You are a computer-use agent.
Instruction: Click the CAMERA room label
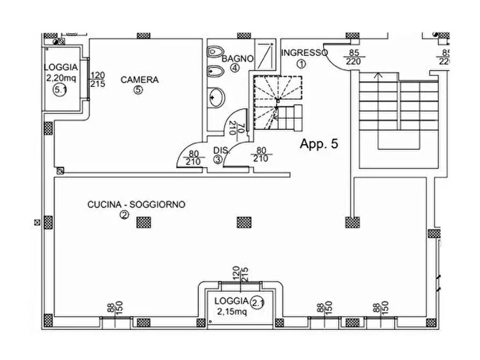(x=139, y=80)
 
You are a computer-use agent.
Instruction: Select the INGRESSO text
(x=304, y=52)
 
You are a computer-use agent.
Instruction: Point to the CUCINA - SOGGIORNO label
(x=137, y=205)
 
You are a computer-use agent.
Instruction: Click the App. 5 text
(x=318, y=144)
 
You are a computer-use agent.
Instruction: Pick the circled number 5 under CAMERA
(x=139, y=90)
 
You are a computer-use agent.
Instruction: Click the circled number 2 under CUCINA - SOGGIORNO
(x=124, y=215)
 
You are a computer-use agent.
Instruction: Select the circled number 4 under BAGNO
(x=235, y=68)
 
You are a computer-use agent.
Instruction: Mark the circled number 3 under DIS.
(x=218, y=159)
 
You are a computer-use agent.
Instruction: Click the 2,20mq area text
(x=61, y=77)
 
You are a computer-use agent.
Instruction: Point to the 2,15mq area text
(x=231, y=311)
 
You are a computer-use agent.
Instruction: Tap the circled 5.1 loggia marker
(x=60, y=89)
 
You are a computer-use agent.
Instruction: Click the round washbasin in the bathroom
(x=217, y=97)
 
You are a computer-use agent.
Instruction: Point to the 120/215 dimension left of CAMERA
(x=98, y=80)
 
